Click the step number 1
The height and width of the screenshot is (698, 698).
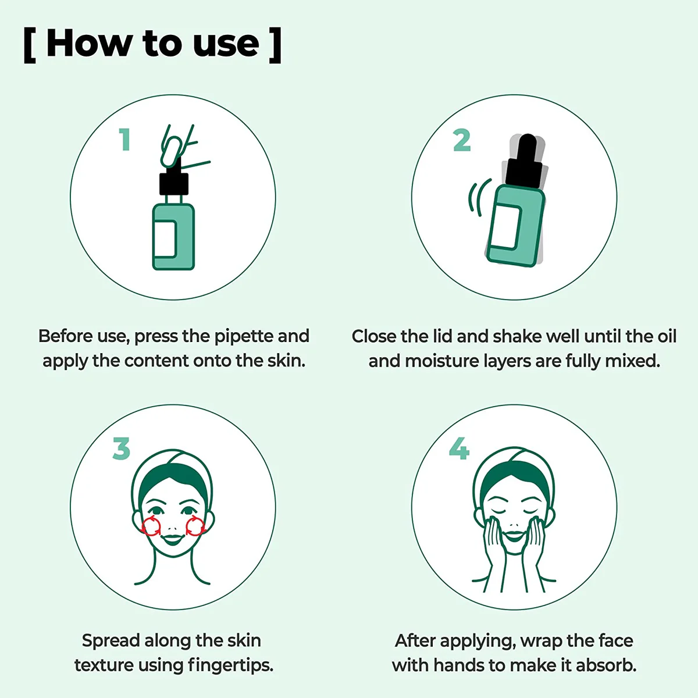(x=125, y=140)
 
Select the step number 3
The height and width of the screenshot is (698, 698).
(x=122, y=448)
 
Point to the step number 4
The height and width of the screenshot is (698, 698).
(x=459, y=448)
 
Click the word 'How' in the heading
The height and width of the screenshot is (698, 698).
(x=88, y=44)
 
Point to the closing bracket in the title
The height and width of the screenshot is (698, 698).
(x=275, y=45)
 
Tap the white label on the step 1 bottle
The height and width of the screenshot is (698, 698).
(x=165, y=238)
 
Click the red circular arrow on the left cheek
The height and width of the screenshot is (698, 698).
(x=151, y=526)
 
